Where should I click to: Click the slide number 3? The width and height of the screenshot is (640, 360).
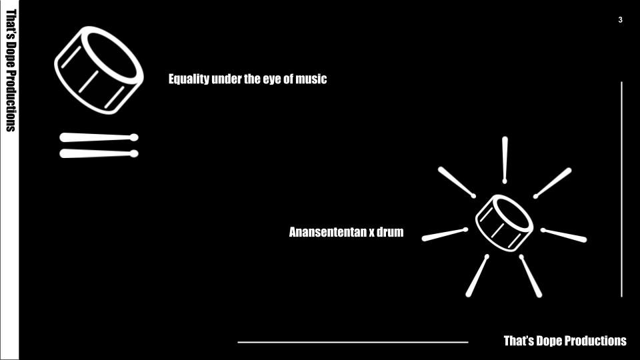621,20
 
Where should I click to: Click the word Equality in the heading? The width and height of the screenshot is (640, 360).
189,79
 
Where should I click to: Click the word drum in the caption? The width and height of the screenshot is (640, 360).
391,233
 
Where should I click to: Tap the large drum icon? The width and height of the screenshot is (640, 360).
99,70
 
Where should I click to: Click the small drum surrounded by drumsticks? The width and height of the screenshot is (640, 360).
505,223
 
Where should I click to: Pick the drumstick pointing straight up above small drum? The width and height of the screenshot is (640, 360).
505,159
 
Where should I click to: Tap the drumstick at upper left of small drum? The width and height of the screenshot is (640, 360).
457,182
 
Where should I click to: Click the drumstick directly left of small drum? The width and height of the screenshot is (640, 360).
444,235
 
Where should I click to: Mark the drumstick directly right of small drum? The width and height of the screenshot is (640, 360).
564,235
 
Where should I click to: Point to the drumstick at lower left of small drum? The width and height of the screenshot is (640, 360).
477,275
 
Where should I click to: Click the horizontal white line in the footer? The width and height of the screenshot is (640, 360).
353,342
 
